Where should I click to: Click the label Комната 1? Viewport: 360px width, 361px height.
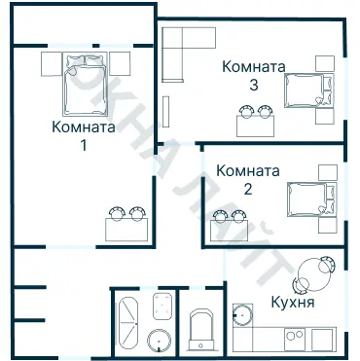pyautogui.click(x=83, y=136)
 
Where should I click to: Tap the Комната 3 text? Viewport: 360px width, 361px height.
pyautogui.click(x=253, y=76)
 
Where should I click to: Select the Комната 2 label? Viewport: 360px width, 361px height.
pyautogui.click(x=248, y=180)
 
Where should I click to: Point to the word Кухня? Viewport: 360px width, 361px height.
pyautogui.click(x=293, y=303)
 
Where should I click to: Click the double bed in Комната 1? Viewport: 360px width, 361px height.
pyautogui.click(x=86, y=86)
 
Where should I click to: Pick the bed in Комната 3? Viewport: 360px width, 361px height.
pyautogui.click(x=306, y=90)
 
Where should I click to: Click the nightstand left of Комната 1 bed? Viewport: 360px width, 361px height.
pyautogui.click(x=51, y=63)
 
